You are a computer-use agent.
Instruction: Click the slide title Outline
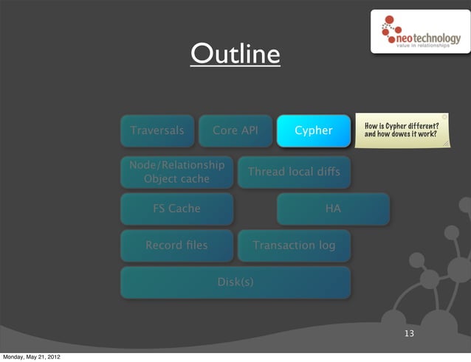(235, 54)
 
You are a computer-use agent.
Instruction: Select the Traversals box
(157, 130)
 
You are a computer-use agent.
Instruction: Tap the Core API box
(235, 130)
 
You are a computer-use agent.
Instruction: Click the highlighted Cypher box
(313, 130)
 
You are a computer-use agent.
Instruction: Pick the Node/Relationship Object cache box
(176, 172)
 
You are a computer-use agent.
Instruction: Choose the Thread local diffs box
(294, 172)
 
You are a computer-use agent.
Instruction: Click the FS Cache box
(176, 209)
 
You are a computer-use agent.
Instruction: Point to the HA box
(333, 209)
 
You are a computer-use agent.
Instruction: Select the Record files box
(176, 245)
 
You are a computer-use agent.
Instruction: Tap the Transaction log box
(294, 245)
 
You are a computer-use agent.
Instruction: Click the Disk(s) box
(235, 282)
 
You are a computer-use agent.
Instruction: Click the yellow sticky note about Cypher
(402, 130)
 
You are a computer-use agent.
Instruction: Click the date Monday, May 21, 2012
(31, 357)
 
